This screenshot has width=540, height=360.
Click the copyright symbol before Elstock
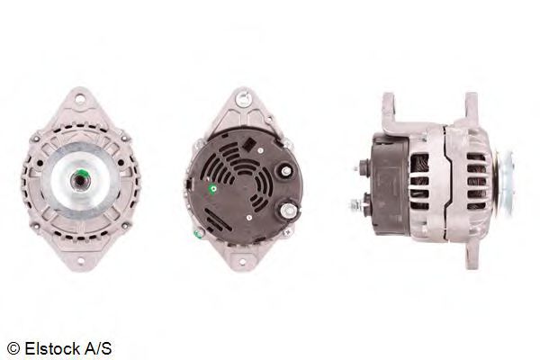tap(13, 348)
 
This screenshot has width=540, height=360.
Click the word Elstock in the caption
tap(53, 348)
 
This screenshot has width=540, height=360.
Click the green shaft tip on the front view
tap(82, 173)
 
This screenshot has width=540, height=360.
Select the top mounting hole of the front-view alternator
tap(80, 100)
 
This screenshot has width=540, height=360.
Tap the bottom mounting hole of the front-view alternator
tap(81, 260)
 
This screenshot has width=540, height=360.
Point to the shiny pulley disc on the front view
tap(81, 181)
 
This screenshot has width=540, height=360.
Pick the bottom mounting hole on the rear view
tap(242, 262)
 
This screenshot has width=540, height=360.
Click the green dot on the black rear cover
tap(213, 189)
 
